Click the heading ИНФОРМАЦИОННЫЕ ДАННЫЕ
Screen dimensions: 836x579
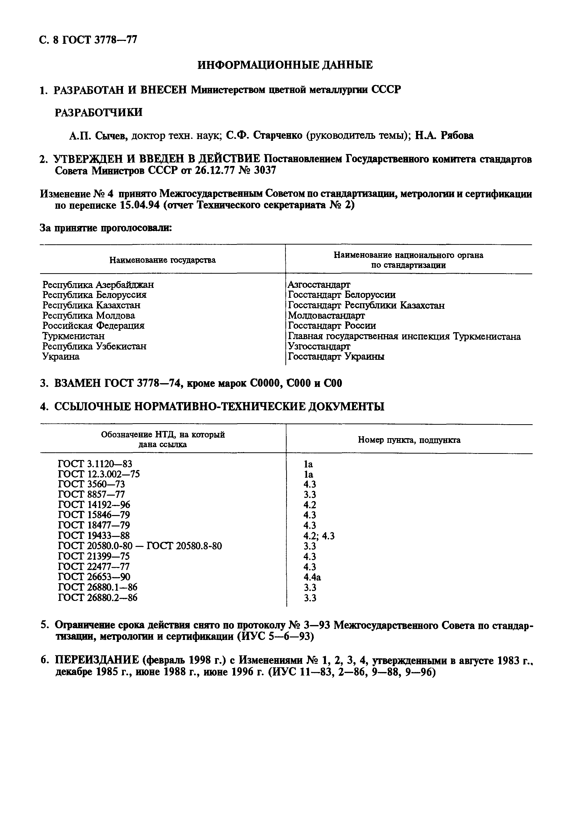(x=285, y=65)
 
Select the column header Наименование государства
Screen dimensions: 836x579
(x=162, y=260)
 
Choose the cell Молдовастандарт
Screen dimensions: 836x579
(x=326, y=315)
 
